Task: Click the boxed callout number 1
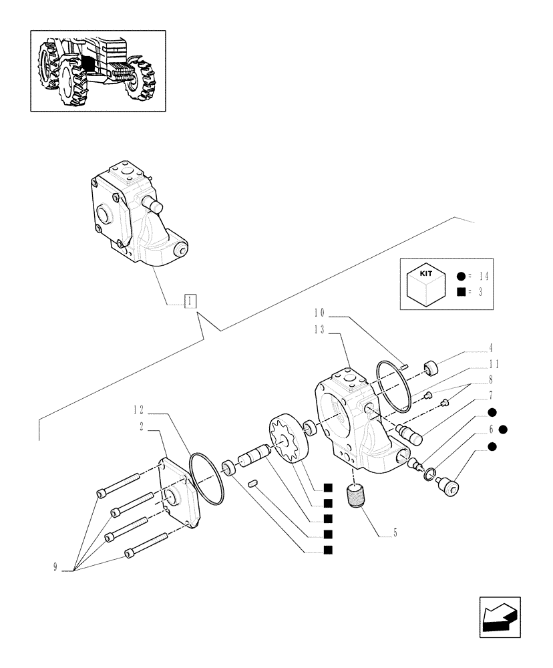[x=190, y=301]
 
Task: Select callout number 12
[x=138, y=408]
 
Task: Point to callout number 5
[x=395, y=532]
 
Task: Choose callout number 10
[x=319, y=313]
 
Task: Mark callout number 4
[x=490, y=348]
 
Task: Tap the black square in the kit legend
[x=462, y=291]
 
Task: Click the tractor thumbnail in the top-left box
[x=98, y=70]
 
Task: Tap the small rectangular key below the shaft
[x=252, y=483]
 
